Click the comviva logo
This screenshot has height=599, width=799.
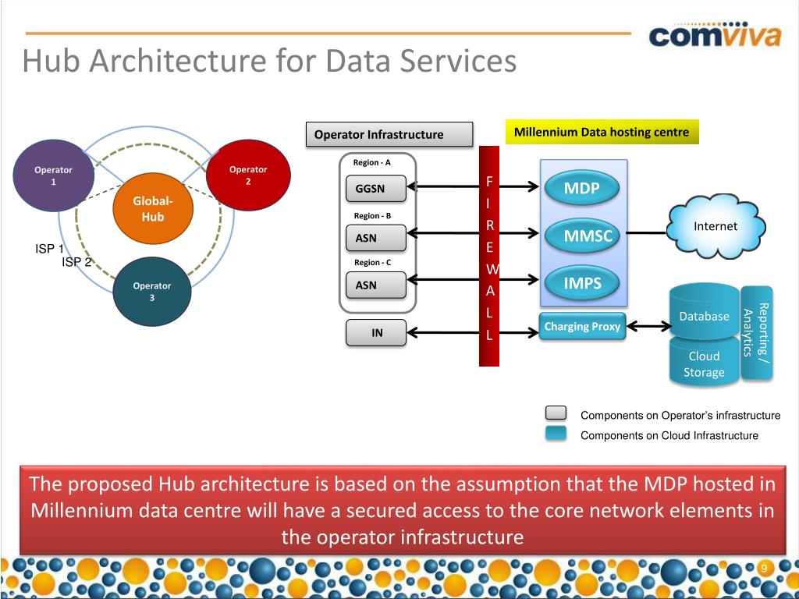[x=715, y=36]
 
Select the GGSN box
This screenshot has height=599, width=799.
[x=375, y=189]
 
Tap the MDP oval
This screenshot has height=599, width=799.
[x=582, y=188]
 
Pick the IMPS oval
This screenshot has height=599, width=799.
[x=582, y=283]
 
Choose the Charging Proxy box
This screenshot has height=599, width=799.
[x=582, y=327]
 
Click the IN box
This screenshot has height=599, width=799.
[x=377, y=333]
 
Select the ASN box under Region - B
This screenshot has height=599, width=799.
[x=375, y=238]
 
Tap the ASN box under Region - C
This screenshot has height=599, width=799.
[x=375, y=285]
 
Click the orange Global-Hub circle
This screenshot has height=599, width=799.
[x=152, y=208]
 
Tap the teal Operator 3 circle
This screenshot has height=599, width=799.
[x=152, y=292]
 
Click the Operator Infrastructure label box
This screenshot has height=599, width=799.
[x=389, y=134]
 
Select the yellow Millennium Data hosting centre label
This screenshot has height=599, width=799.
[x=602, y=132]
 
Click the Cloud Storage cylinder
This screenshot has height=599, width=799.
[x=704, y=362]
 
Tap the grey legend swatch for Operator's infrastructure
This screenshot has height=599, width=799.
[x=556, y=414]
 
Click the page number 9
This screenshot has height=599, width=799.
[x=765, y=569]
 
